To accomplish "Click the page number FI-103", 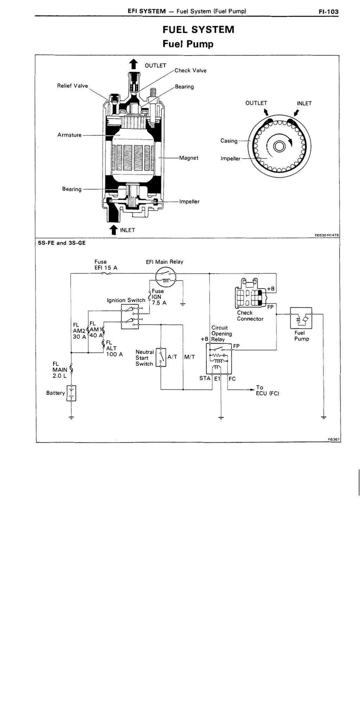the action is [328, 12].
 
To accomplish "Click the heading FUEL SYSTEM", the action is [198, 30].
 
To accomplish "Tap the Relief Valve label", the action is [72, 86].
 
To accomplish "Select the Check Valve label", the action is [191, 70].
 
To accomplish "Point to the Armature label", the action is [69, 135].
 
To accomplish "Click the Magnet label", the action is [189, 158].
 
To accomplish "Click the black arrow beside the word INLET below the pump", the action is [113, 230].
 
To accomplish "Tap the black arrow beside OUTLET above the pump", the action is [133, 64].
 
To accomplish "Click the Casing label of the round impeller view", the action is [229, 141].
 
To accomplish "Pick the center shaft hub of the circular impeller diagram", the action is [279, 146].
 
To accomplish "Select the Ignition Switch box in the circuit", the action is [130, 316].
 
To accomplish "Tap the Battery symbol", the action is [71, 393].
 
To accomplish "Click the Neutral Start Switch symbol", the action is [161, 357].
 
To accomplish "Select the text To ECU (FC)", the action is [268, 390].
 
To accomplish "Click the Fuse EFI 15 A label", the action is [106, 265].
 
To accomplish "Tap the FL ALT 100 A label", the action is [114, 348].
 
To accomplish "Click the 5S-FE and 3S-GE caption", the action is [62, 243].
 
